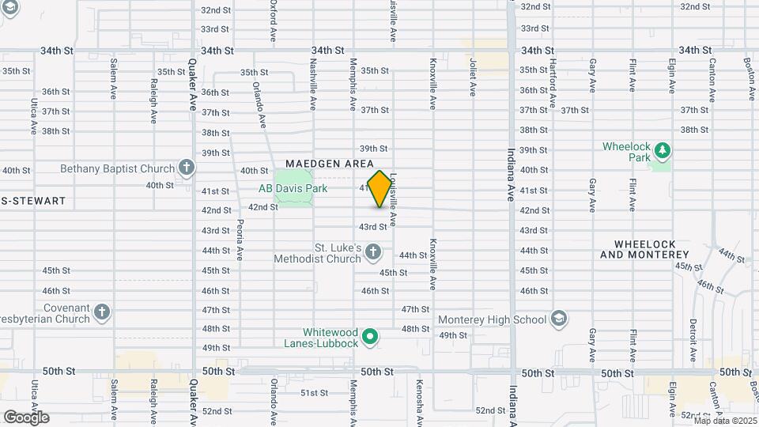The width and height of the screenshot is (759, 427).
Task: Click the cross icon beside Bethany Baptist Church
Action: (x=186, y=167)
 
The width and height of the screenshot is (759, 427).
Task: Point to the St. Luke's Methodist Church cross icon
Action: (x=374, y=253)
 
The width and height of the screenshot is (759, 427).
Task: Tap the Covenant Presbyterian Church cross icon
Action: (x=101, y=313)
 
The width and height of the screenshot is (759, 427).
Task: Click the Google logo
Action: (x=26, y=417)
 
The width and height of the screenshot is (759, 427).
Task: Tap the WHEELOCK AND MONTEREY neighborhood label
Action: (x=644, y=249)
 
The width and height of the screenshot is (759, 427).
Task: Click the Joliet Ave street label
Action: (x=473, y=77)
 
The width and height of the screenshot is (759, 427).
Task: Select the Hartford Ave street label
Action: (x=553, y=83)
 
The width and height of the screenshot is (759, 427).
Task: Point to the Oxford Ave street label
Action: (x=273, y=20)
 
